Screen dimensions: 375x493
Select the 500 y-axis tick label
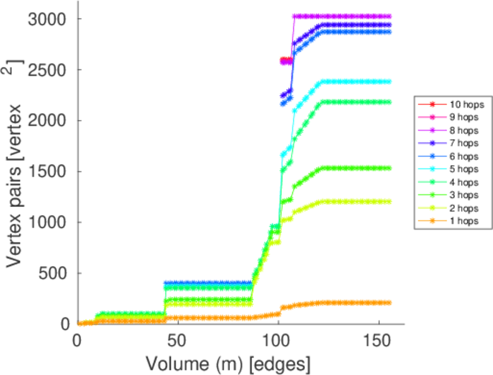(x=52, y=273)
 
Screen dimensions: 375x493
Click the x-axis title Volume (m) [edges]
(x=228, y=363)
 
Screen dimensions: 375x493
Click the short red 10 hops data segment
(x=286, y=61)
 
